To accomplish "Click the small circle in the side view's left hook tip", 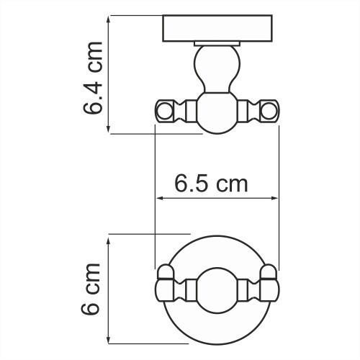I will (163, 111).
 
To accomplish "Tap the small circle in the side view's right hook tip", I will (270, 111).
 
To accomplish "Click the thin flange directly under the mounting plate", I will (217, 46).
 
